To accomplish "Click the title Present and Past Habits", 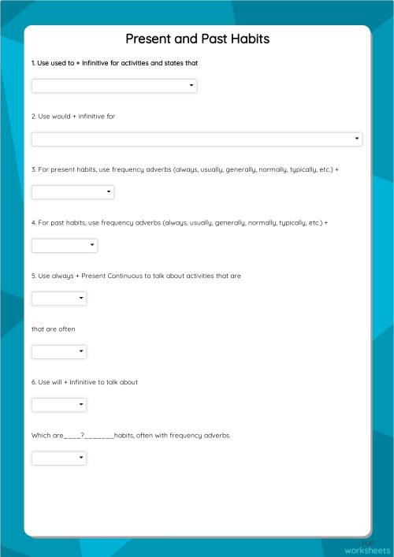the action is [197, 39].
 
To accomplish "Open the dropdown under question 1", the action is [113, 86].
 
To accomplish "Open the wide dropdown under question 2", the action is [196, 139].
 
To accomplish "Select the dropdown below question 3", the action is [72, 192].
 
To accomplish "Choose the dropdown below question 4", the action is [64, 246].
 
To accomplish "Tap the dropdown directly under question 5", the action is [58, 299].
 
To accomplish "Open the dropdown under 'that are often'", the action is [58, 352].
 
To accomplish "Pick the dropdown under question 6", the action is [58, 405].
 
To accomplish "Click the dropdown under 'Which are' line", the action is [58, 459].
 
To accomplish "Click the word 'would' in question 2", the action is [60, 117].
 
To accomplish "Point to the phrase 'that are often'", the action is [54, 329].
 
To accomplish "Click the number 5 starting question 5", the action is [33, 276].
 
